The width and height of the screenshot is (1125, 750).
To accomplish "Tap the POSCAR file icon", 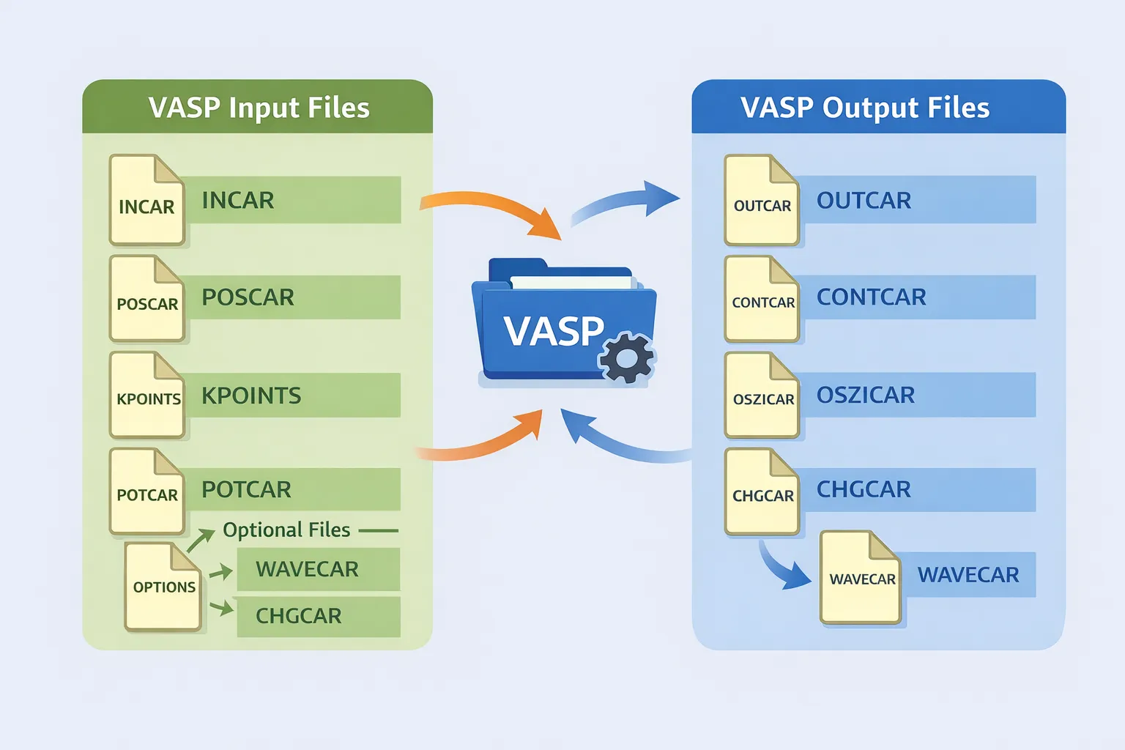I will coord(146,299).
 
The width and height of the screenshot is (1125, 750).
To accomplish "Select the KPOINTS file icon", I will coord(147,396).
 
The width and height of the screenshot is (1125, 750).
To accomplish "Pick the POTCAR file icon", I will coord(146,491).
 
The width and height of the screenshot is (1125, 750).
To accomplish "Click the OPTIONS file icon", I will coord(163,587).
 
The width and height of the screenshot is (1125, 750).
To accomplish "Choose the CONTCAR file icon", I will coord(762,299).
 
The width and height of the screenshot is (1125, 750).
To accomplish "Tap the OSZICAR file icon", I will coord(762,396).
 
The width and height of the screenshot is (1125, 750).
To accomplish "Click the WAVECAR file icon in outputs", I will coord(861,578).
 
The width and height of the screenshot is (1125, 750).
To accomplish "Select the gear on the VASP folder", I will coord(626,357).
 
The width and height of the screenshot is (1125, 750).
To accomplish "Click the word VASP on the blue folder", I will coord(554,331).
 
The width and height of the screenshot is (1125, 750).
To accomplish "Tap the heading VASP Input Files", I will coord(259,108).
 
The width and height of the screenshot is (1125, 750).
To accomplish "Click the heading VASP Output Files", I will coord(865,108).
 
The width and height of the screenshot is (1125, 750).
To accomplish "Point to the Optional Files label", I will coord(286,530).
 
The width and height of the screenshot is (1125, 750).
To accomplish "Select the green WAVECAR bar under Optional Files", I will coord(318,569).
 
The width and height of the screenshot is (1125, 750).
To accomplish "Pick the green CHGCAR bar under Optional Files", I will coord(318,616).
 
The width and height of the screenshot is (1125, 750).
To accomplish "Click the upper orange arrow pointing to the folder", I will coord(498,209).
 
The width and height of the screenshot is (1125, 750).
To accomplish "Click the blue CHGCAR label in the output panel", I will coord(864,489).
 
